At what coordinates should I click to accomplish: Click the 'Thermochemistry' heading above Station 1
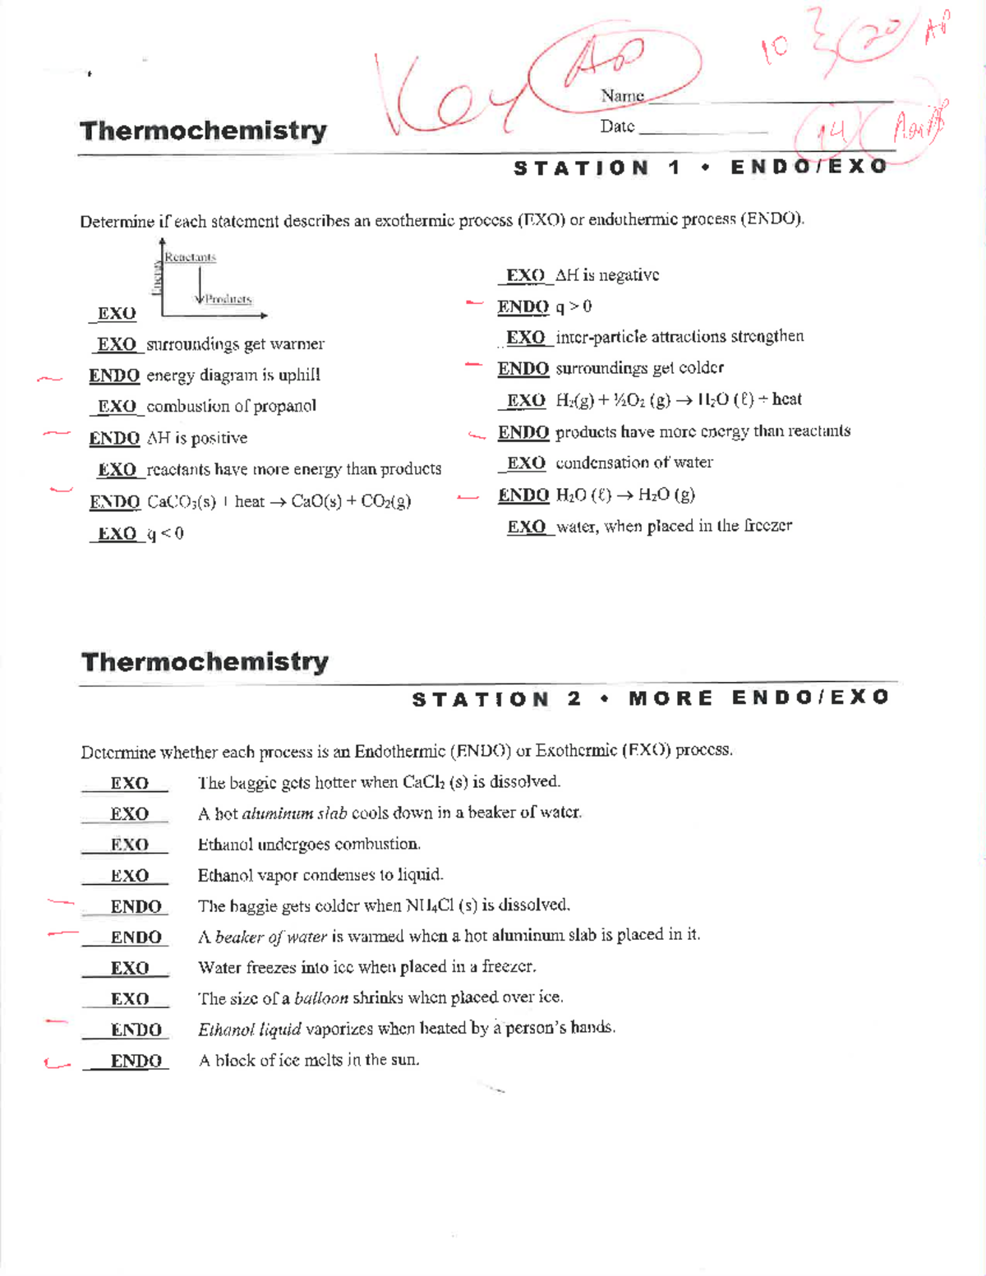click(203, 131)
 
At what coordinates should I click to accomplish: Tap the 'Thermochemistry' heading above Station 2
click(205, 661)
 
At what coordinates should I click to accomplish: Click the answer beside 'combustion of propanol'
click(117, 407)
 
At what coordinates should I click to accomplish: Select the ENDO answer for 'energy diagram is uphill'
click(114, 375)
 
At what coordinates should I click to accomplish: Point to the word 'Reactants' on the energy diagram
click(190, 257)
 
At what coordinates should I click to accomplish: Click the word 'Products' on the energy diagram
click(228, 299)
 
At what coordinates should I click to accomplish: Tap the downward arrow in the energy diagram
click(200, 284)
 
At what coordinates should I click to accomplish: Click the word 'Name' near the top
click(622, 96)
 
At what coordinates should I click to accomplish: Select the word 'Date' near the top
click(617, 127)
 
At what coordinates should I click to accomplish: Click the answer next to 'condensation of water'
click(526, 463)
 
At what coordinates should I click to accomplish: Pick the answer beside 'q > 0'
click(523, 307)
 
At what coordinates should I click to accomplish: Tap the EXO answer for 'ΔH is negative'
click(525, 276)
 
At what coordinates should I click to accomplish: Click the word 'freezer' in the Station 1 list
click(768, 526)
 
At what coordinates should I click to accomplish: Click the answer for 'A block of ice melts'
click(136, 1061)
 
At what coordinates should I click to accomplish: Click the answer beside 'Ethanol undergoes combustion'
click(130, 845)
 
